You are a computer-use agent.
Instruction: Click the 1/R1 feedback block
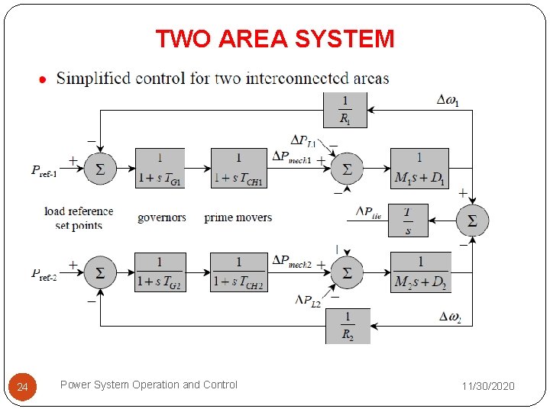345,110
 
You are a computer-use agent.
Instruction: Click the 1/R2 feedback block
348,326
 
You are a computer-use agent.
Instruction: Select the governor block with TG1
160,168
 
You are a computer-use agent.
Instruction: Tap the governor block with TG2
160,272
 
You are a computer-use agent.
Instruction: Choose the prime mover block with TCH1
238,168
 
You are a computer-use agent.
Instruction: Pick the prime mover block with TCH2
238,272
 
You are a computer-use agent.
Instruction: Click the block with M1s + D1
419,168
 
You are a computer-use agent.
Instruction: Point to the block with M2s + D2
420,272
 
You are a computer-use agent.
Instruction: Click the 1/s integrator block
408,220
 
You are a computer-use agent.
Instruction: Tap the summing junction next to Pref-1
99,169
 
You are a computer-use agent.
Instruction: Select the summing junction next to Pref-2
99,272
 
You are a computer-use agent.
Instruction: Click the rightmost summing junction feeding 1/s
472,220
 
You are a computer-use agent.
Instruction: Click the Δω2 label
450,317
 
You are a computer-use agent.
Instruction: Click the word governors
162,217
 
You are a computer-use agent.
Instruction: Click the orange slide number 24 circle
22,388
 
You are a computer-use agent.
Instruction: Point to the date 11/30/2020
489,386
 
